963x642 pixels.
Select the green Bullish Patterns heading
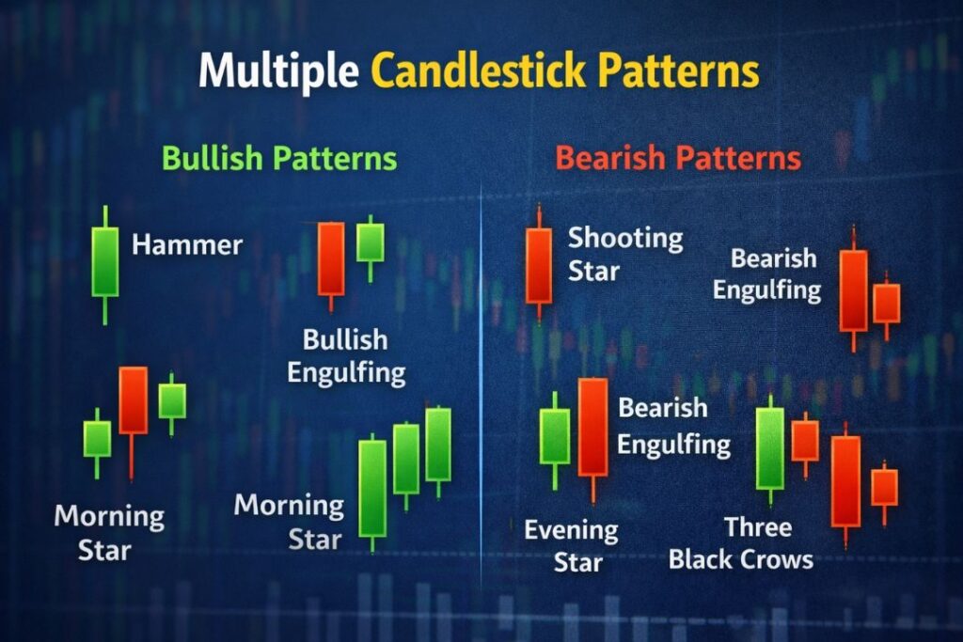tap(279, 158)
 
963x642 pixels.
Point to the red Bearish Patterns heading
tap(678, 158)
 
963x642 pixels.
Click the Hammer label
tap(187, 246)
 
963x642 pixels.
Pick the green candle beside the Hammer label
tap(105, 261)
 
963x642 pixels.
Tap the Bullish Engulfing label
tap(346, 356)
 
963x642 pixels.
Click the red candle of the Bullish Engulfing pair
tap(331, 258)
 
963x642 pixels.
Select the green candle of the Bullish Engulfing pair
tap(371, 243)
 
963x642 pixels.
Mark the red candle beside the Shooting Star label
tap(539, 265)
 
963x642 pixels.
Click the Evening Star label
tap(571, 546)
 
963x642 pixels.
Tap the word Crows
tap(775, 559)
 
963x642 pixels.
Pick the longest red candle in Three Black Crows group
tap(845, 480)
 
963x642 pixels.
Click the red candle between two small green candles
tap(134, 400)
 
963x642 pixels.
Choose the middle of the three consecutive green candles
tap(406, 459)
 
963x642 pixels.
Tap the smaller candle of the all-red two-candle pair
tap(887, 303)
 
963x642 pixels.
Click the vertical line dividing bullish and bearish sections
tap(481, 376)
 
